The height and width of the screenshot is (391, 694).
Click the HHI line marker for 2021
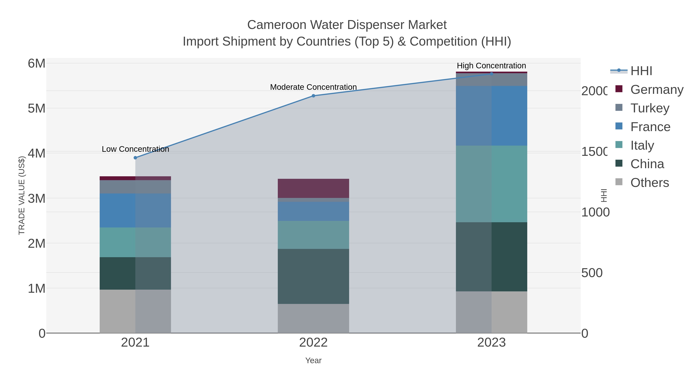135,158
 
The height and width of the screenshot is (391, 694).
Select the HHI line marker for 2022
313,96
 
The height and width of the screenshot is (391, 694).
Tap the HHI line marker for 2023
491,74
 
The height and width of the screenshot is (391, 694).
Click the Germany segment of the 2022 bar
313,188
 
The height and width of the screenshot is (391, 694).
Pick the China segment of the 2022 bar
313,276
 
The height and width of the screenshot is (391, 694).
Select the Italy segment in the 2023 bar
491,184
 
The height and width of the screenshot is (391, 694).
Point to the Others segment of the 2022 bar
313,318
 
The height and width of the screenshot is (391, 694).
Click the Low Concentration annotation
135,149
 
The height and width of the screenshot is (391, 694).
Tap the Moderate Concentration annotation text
313,87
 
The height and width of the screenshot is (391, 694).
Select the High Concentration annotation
491,66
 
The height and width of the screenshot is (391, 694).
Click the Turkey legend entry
649,108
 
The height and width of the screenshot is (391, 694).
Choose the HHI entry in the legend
641,71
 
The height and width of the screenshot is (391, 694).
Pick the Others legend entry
649,183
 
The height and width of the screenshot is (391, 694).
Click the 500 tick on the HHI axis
592,273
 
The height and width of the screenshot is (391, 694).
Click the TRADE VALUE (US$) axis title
22,195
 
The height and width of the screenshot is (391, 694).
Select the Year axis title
313,360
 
